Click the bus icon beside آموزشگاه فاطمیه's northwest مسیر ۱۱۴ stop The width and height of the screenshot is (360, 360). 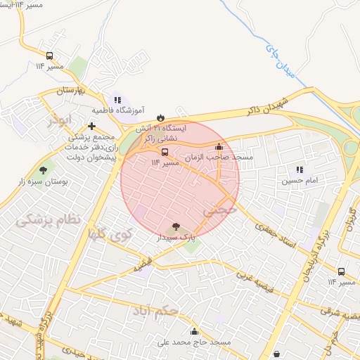pyautogui.click(x=49, y=56)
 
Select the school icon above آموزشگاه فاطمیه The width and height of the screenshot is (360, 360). pyautogui.click(x=117, y=100)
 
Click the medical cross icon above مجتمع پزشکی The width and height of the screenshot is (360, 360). pyautogui.click(x=91, y=126)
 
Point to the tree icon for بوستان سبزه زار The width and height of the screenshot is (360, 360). pyautogui.click(x=44, y=169)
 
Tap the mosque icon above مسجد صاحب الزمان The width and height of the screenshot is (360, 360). pyautogui.click(x=219, y=147)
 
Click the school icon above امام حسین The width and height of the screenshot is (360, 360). pyautogui.click(x=300, y=169)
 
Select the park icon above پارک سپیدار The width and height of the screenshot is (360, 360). pyautogui.click(x=175, y=227)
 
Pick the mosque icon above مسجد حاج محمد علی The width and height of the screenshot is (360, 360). pyautogui.click(x=194, y=330)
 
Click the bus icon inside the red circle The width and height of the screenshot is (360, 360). pyautogui.click(x=165, y=151)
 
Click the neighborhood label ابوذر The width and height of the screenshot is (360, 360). pyautogui.click(x=60, y=120)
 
